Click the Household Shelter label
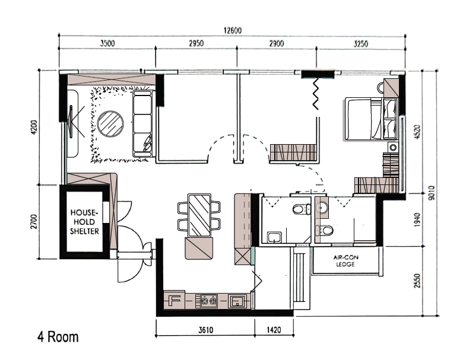[x=84, y=222]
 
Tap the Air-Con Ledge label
[x=346, y=260]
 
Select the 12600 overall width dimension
[x=232, y=30]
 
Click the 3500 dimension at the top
[x=107, y=43]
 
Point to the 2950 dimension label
[x=196, y=43]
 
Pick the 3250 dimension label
[x=360, y=44]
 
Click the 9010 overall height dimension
[x=432, y=193]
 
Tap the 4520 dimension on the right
[x=417, y=132]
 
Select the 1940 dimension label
[x=417, y=220]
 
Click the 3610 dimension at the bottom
[x=205, y=330]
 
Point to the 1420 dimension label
[x=274, y=330]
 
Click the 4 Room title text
[x=58, y=337]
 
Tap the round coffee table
[x=110, y=124]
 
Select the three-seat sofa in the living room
[x=144, y=123]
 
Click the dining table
[x=199, y=215]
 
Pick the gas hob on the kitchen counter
[x=209, y=301]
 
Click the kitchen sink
[x=237, y=301]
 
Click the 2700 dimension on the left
[x=34, y=222]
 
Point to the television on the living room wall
[x=71, y=121]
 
